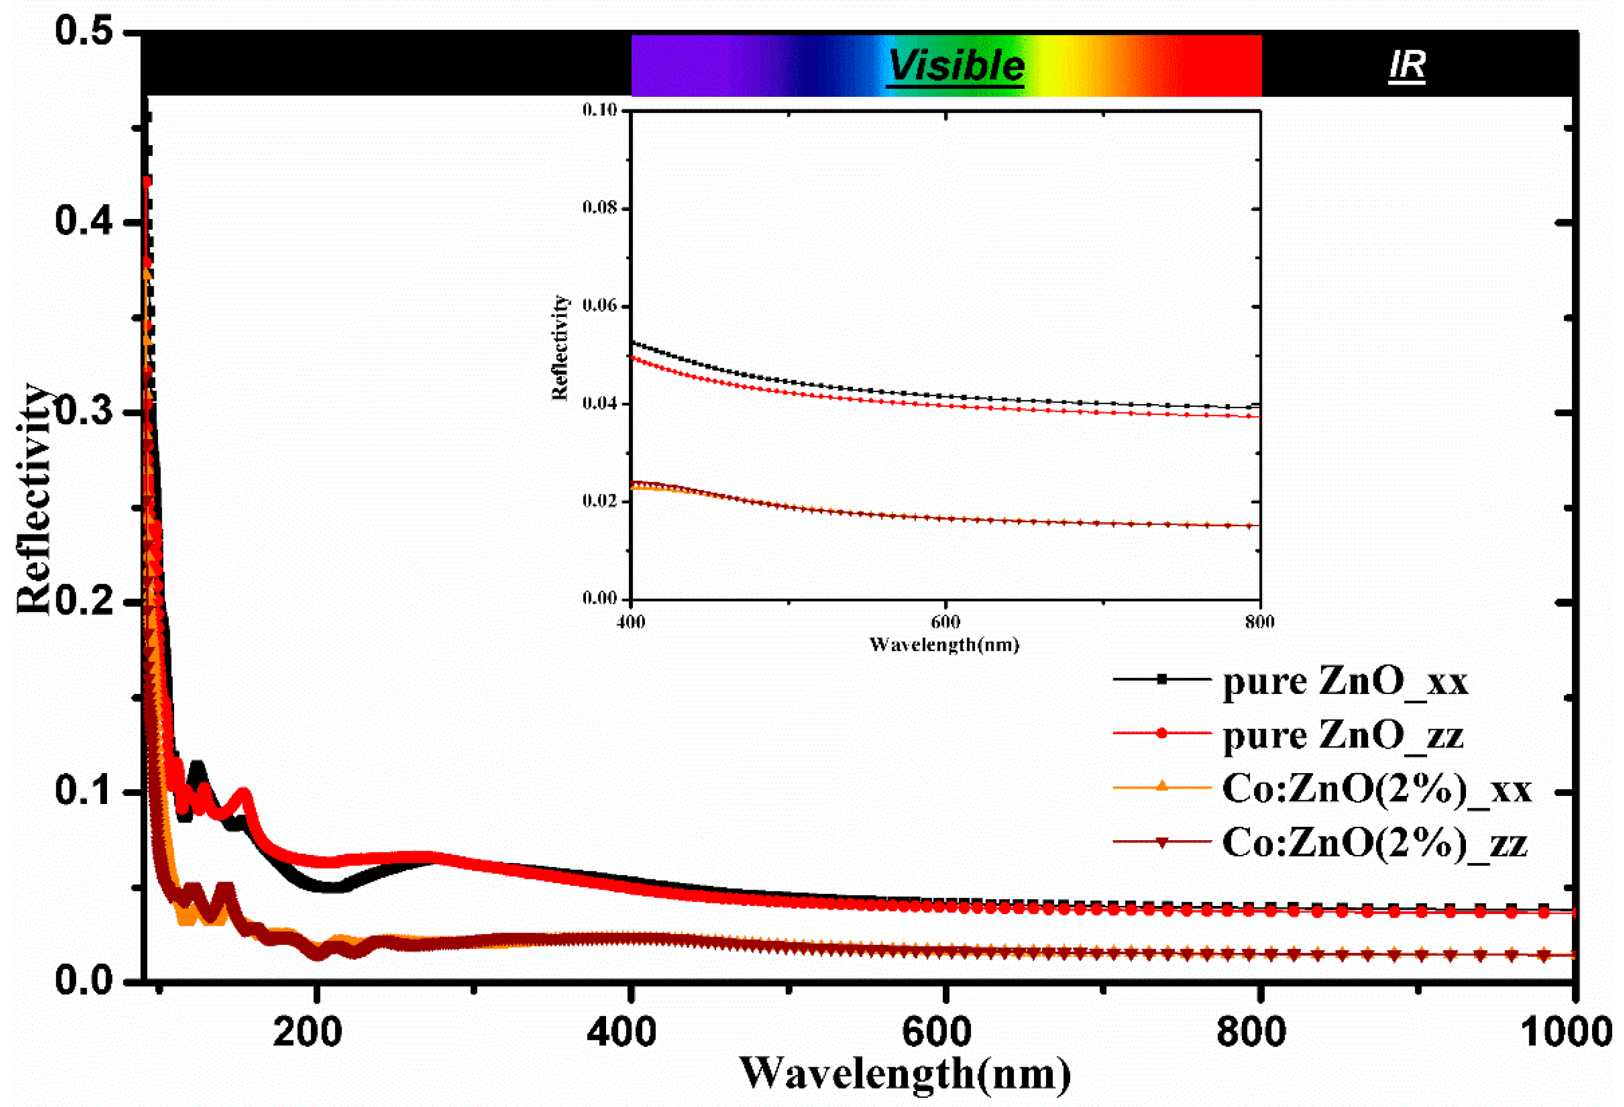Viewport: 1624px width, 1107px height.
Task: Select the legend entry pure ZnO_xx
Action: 1345,681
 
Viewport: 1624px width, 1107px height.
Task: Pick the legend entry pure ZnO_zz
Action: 1343,735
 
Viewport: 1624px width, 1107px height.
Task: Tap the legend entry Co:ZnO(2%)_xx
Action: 1376,789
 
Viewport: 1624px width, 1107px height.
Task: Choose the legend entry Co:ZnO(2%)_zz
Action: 1374,843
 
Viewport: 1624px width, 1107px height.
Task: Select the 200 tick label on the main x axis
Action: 308,1031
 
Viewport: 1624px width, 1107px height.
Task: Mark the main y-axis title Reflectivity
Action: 34,499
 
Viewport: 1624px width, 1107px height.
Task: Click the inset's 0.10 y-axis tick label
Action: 600,111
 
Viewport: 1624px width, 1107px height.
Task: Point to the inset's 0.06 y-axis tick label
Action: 600,306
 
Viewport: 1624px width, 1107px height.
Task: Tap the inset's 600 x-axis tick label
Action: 946,622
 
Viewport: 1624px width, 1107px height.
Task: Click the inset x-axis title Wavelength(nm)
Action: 944,644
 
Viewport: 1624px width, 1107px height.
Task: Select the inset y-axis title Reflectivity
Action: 560,347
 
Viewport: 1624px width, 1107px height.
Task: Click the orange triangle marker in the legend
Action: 1162,787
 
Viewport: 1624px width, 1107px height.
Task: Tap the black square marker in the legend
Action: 1162,679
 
